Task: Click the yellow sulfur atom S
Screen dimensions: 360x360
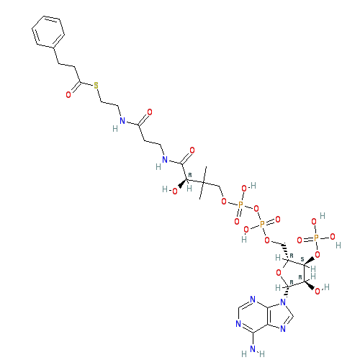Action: tap(96, 86)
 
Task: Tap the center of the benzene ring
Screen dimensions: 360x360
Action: tap(48, 32)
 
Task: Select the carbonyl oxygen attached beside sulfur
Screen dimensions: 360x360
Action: tap(68, 95)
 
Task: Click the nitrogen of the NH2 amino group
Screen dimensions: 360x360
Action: tap(253, 348)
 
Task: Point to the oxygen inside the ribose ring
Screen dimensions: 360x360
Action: tap(279, 273)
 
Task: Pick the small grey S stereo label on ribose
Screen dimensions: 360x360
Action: tap(302, 260)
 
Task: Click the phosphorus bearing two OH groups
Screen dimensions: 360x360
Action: tap(316, 238)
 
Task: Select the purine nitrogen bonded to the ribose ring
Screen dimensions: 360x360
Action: tap(283, 302)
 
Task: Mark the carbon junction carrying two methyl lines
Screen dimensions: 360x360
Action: tap(203, 183)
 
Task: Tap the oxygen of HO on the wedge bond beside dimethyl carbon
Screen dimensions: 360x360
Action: tap(175, 192)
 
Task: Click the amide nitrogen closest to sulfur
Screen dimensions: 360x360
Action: tap(122, 121)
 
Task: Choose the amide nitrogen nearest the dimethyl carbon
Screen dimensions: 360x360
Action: tap(165, 160)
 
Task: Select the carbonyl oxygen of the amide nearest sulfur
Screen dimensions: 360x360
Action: tap(150, 112)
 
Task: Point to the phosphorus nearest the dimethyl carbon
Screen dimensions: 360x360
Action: tap(240, 204)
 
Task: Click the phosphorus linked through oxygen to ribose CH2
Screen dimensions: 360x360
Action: tap(262, 225)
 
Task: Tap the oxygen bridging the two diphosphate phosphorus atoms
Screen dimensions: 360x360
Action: tap(256, 209)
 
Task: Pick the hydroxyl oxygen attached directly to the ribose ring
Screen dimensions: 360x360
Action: tap(318, 292)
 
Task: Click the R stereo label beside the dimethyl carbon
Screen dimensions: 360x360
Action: tap(190, 175)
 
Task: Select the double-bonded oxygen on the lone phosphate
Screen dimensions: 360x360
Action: tap(300, 240)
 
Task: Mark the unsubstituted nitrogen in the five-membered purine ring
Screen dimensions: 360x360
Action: tap(283, 328)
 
